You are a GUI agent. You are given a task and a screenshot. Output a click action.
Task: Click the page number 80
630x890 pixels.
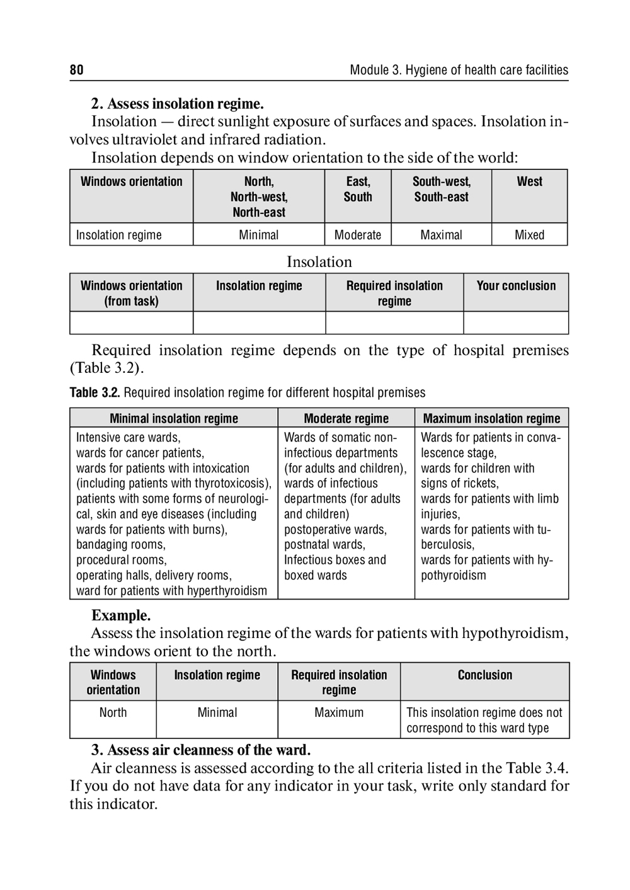click(76, 70)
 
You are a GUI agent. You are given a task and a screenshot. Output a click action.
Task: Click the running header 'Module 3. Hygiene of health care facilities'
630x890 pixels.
click(459, 70)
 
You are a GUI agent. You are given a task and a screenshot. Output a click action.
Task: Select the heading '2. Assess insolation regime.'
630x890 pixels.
click(178, 103)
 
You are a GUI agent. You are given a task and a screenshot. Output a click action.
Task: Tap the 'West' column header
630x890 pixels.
click(529, 181)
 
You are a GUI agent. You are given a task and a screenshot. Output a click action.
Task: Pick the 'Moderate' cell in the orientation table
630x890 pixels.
click(358, 235)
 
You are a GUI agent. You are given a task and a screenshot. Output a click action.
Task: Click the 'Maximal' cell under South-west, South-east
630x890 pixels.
click(441, 235)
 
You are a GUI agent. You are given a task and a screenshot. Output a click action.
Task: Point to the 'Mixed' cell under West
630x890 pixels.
click(529, 235)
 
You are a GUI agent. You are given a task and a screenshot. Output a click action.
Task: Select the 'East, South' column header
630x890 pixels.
click(358, 189)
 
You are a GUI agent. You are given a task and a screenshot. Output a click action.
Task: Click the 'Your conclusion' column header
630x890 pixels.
click(516, 286)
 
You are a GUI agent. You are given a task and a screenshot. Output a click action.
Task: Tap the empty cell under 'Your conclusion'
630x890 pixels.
click(516, 322)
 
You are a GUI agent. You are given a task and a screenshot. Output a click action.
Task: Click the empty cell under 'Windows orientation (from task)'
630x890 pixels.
click(131, 322)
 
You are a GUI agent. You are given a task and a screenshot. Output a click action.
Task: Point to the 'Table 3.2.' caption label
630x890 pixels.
click(94, 393)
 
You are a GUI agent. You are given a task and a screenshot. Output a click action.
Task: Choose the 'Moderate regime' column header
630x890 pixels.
click(346, 418)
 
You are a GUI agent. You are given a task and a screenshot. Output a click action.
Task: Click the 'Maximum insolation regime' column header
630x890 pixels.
click(491, 418)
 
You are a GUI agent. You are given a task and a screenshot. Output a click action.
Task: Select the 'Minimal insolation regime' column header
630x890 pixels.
click(174, 418)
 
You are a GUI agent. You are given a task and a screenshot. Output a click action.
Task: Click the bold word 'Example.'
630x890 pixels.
click(121, 615)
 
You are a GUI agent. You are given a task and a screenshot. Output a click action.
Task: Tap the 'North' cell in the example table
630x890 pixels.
click(113, 712)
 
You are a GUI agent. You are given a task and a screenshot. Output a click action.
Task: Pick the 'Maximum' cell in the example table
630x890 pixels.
click(339, 712)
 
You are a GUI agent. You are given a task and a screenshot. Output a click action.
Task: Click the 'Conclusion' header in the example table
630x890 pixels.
click(484, 675)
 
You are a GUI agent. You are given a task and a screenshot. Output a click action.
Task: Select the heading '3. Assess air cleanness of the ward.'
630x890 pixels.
click(201, 750)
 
